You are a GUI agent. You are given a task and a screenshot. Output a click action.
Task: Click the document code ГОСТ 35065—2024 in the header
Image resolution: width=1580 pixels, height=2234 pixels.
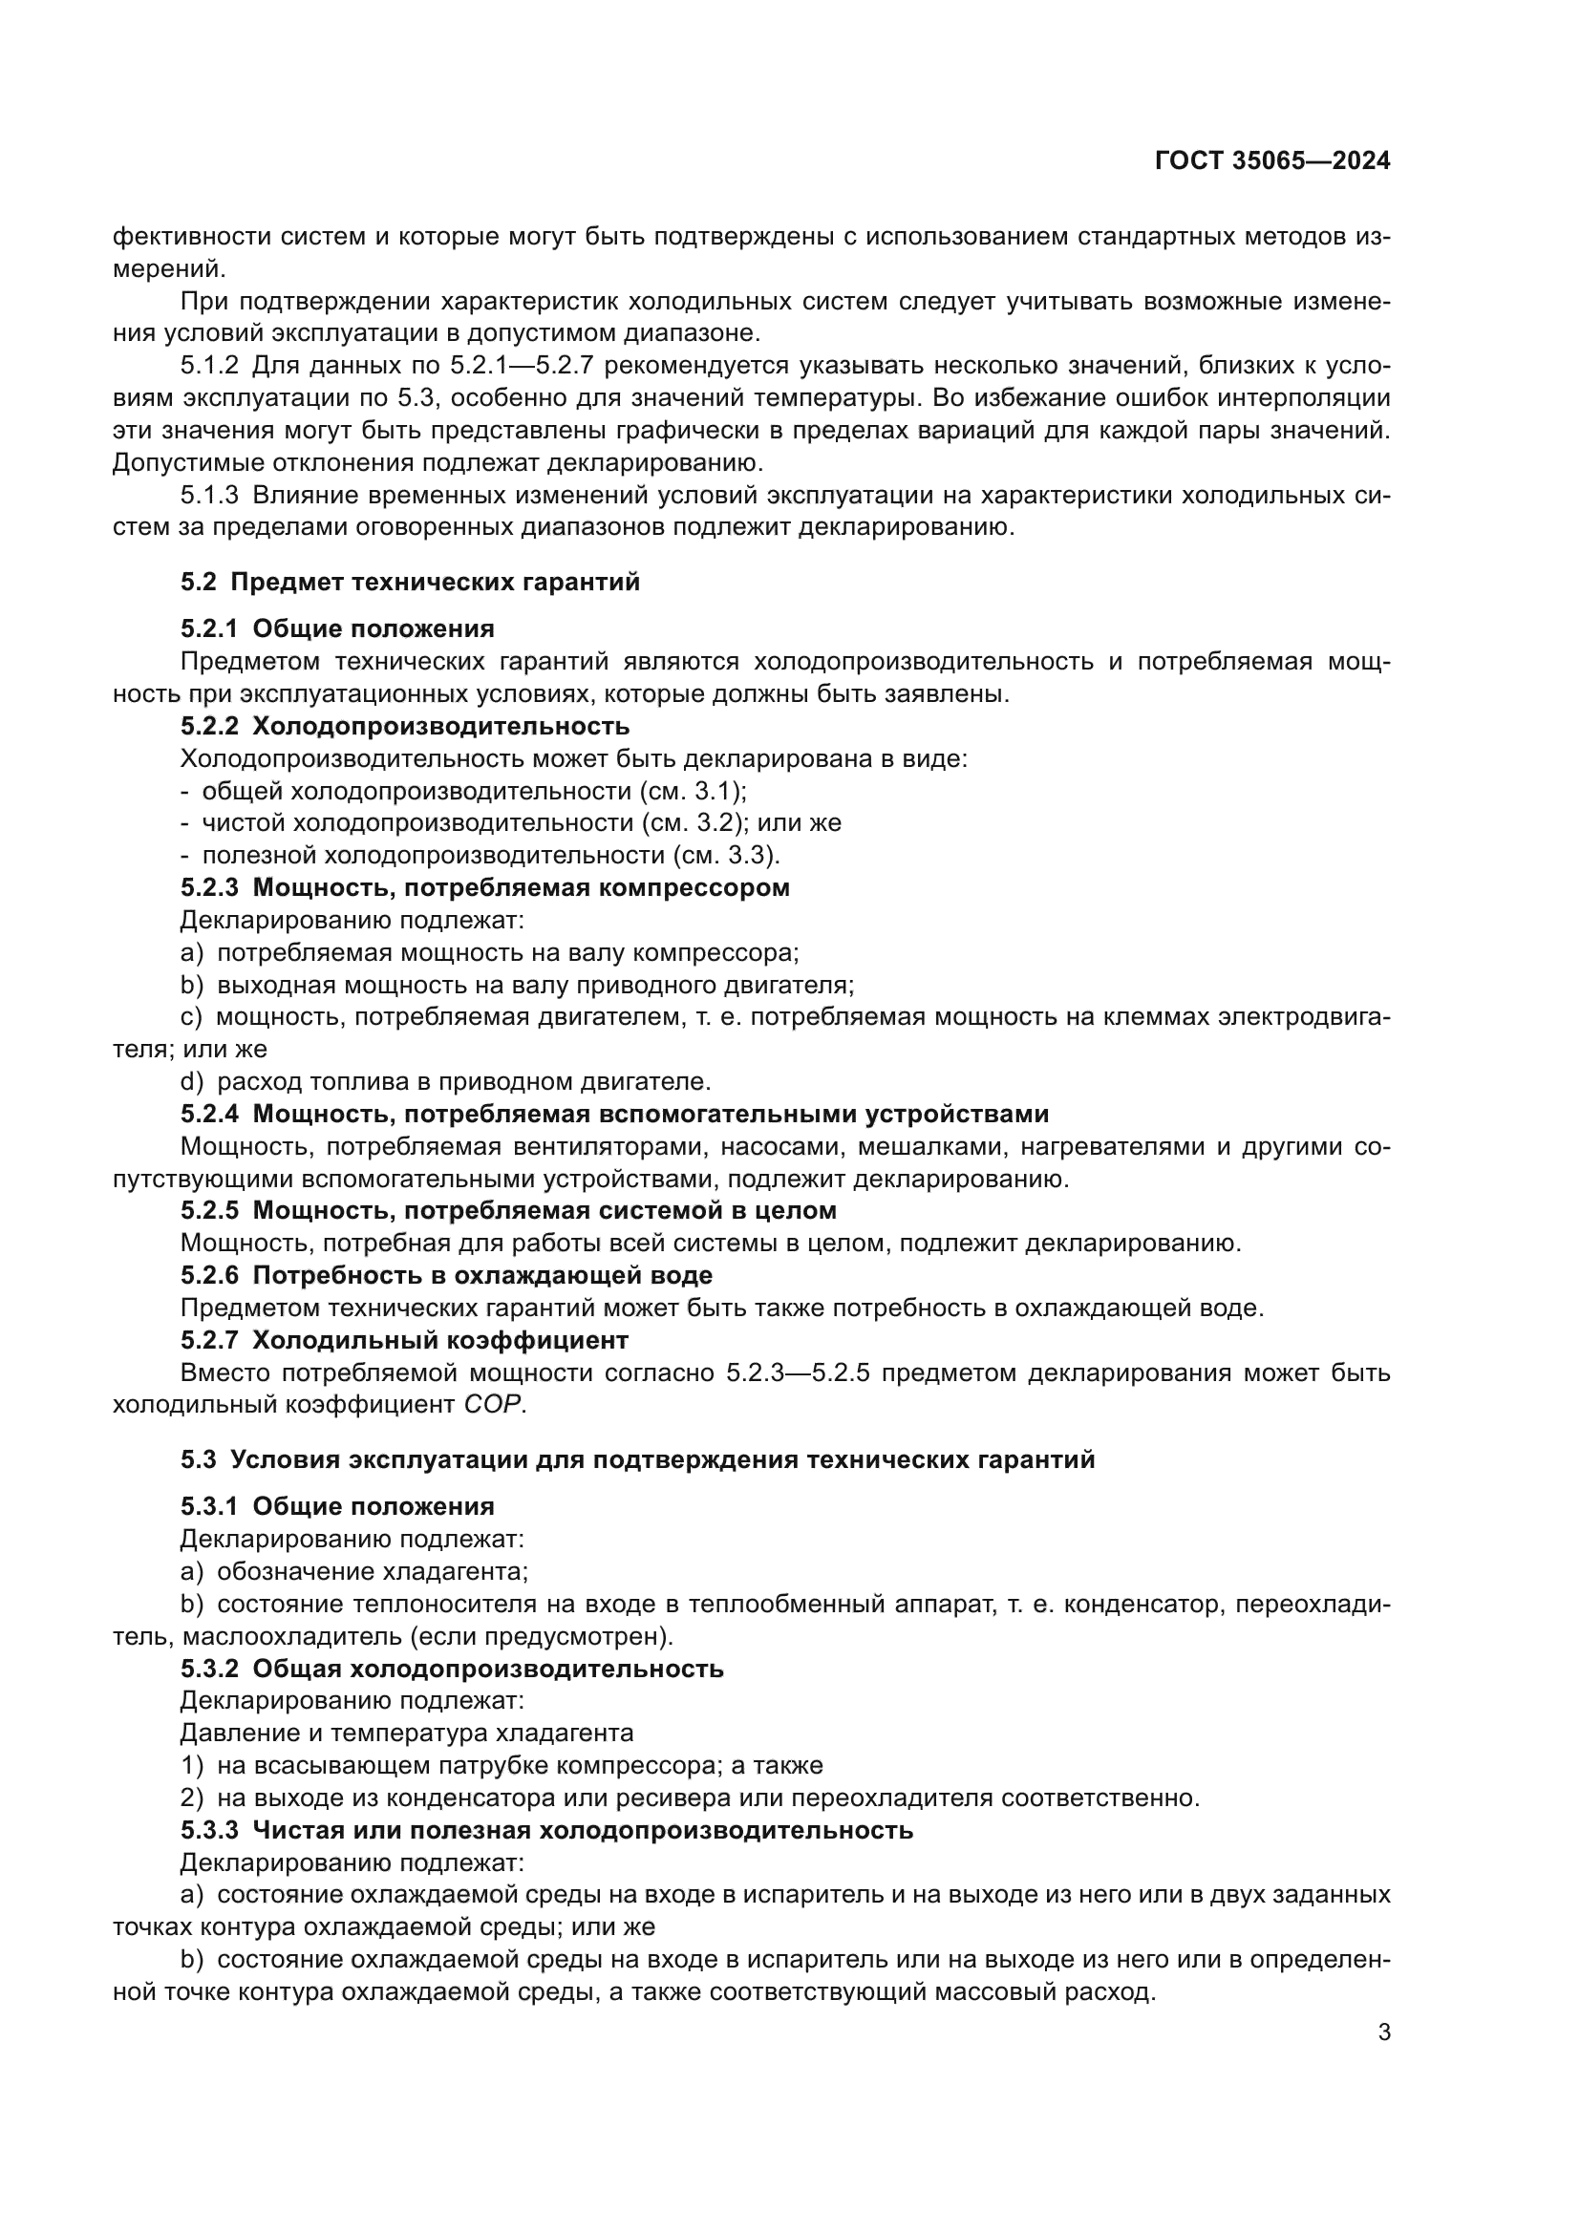point(1272,161)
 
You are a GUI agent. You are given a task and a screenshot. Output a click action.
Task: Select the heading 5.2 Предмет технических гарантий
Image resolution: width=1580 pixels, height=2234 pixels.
point(410,582)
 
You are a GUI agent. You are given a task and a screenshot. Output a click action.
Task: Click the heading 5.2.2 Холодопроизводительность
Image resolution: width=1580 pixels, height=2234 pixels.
point(405,726)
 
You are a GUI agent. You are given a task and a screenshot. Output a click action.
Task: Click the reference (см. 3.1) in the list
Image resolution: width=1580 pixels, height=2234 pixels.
point(693,790)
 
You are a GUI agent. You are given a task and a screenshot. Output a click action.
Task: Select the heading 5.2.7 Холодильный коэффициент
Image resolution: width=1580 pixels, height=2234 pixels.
point(405,1340)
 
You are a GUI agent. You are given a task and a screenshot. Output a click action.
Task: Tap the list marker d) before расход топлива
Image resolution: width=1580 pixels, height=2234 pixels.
point(192,1081)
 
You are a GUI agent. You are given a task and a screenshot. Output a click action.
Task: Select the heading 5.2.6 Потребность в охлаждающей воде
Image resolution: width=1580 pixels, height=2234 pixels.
point(446,1275)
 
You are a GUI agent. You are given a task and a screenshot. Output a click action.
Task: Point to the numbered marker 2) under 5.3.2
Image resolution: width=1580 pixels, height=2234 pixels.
point(192,1798)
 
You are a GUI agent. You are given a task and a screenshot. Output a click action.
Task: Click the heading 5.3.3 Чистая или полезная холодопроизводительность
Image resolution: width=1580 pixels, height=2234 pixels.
point(546,1830)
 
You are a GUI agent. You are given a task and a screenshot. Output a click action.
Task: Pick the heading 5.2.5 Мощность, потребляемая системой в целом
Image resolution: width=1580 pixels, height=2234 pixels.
point(508,1210)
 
